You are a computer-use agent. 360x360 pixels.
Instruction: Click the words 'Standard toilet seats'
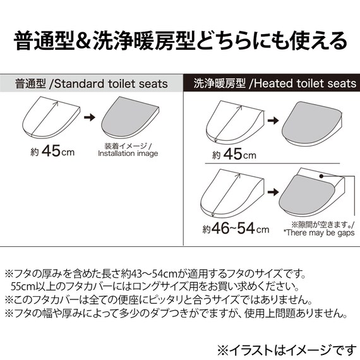tap(114, 83)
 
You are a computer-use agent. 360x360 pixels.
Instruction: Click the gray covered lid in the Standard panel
tap(129, 120)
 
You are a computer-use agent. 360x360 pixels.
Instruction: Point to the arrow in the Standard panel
tap(90, 117)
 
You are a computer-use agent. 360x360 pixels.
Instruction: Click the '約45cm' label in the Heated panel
tap(234, 155)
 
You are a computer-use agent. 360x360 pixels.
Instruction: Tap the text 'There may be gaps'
tap(319, 233)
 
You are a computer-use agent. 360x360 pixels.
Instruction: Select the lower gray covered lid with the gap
tap(309, 196)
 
